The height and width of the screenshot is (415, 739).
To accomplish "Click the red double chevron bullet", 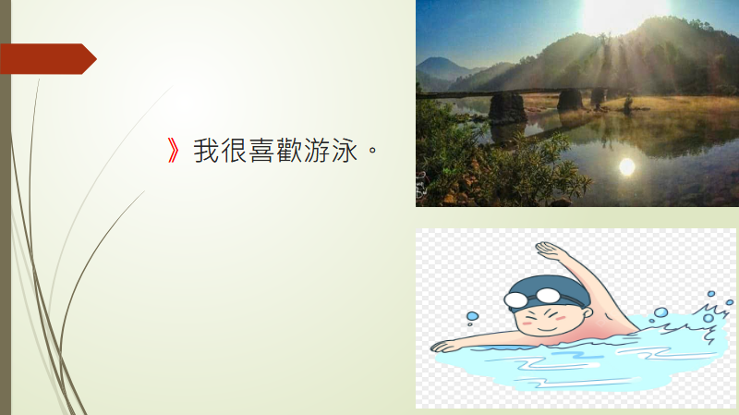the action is point(174,151).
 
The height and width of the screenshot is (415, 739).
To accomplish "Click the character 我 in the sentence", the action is point(206,151).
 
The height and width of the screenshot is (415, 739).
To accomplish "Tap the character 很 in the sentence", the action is point(234,151).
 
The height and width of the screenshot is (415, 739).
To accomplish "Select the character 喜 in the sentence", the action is point(261,151).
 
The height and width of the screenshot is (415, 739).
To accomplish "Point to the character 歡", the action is point(289,151).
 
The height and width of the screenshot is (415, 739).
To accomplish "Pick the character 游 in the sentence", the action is point(317,151).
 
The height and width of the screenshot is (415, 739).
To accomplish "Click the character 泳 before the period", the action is point(345,151).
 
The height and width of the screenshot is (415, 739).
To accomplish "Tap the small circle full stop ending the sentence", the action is point(372,151).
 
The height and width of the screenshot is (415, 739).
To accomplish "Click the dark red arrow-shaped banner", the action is point(48,59).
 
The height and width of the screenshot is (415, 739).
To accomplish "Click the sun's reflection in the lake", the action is point(627,166).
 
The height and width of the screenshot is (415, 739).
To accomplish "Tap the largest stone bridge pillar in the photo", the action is point(507,107).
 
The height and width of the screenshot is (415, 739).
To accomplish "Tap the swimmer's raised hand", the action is point(550,249).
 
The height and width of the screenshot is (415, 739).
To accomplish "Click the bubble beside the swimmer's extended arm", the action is point(472,317).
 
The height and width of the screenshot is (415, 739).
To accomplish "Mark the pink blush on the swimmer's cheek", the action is point(560,317).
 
